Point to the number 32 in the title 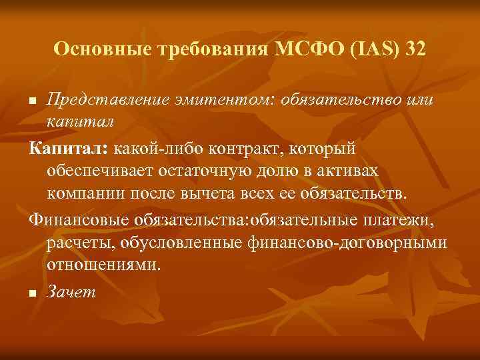tap(412, 49)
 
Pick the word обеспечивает tap(99, 170)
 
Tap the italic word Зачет tap(71, 291)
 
